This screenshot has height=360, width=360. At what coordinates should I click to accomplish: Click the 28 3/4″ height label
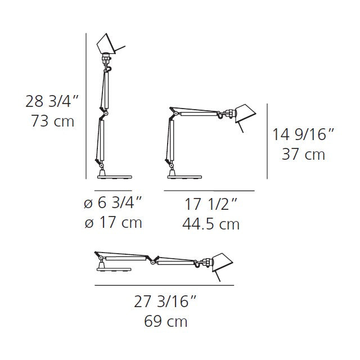[52, 101]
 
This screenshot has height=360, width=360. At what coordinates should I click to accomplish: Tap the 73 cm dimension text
[52, 121]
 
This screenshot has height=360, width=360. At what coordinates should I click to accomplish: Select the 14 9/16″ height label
[303, 134]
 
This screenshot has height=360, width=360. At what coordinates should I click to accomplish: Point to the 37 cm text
[303, 154]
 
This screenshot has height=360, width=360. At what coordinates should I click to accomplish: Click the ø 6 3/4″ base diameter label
[113, 202]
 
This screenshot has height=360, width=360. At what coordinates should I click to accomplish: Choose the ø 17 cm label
[113, 223]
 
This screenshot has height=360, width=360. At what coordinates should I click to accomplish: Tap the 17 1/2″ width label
[210, 204]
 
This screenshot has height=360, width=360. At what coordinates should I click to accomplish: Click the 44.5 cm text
[211, 224]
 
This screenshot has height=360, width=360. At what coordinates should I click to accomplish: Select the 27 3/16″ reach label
[165, 301]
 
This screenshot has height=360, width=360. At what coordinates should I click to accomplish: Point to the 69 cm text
[165, 321]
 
